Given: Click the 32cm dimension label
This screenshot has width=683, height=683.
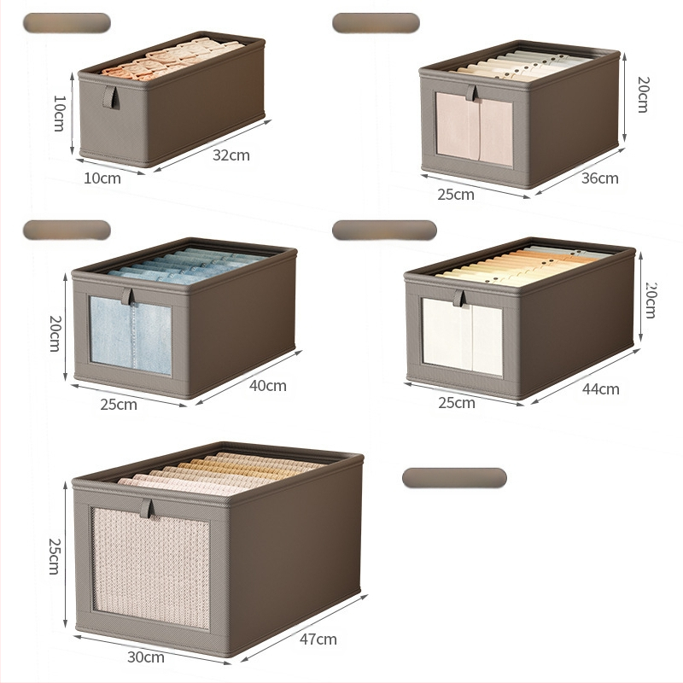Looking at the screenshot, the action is pyautogui.click(x=231, y=155).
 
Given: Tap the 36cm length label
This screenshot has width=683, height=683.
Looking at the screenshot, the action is pyautogui.click(x=600, y=178).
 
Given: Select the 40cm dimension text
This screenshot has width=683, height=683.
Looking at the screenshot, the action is pyautogui.click(x=268, y=386).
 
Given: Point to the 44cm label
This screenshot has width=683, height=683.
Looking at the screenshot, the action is pyautogui.click(x=601, y=389).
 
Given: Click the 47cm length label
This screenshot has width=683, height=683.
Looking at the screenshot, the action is pyautogui.click(x=318, y=639).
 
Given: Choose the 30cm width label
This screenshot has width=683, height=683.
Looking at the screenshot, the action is pyautogui.click(x=146, y=657).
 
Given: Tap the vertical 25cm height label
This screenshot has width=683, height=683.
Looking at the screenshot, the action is pyautogui.click(x=54, y=557).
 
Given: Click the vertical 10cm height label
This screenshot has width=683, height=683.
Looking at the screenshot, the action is pyautogui.click(x=59, y=114).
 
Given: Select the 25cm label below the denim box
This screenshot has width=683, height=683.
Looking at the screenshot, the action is pyautogui.click(x=119, y=404).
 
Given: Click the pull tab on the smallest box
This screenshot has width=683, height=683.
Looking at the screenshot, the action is pyautogui.click(x=110, y=97).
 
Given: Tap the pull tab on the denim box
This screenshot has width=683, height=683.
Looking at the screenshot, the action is pyautogui.click(x=127, y=296).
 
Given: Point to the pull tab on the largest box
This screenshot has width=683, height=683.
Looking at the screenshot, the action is pyautogui.click(x=148, y=508).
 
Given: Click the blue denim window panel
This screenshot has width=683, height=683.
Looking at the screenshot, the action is pyautogui.click(x=131, y=336).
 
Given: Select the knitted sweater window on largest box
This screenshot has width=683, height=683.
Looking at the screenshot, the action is pyautogui.click(x=151, y=568).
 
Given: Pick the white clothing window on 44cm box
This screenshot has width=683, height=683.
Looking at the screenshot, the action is pyautogui.click(x=463, y=337).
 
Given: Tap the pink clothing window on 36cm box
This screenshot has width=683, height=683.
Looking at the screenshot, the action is pyautogui.click(x=475, y=129).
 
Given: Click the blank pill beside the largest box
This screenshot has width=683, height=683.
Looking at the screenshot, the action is pyautogui.click(x=454, y=478).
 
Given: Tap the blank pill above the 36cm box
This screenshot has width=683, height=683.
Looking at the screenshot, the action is pyautogui.click(x=376, y=23).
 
